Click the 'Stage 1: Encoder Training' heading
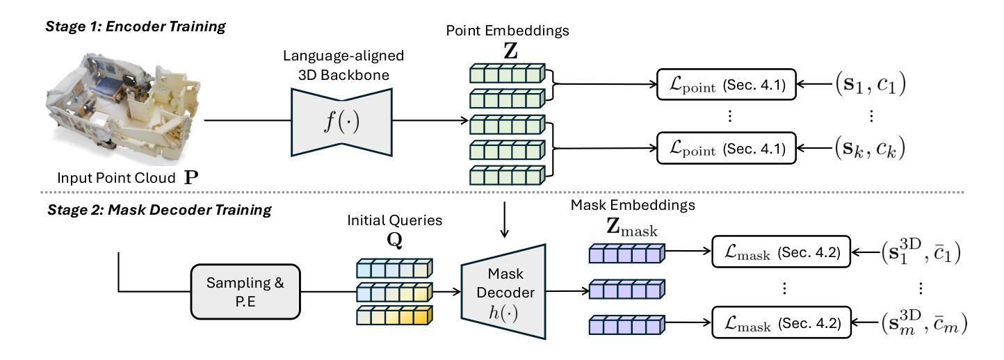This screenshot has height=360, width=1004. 136,26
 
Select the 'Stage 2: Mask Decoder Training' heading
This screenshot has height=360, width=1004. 159,210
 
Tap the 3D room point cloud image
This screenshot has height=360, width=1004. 123,108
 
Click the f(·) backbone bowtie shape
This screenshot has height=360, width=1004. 341,122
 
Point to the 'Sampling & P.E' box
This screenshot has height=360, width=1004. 245,291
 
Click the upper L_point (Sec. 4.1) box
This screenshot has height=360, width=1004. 726,84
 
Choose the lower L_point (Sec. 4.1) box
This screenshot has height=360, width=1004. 726,148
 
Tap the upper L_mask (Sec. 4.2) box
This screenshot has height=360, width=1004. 782,252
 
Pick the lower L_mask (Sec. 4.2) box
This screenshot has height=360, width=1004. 782,322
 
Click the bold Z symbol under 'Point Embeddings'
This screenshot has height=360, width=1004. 510,51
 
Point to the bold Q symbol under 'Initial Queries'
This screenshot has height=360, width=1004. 394,240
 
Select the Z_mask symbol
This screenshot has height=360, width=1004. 631,227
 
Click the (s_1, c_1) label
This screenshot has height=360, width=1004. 871,83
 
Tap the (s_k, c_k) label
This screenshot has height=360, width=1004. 870,148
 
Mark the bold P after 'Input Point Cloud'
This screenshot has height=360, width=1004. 191,178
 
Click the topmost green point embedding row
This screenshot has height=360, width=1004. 508,74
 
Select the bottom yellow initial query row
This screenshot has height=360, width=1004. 394,316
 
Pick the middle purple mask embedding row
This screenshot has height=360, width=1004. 626,289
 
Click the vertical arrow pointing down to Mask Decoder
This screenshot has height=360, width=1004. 505,220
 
